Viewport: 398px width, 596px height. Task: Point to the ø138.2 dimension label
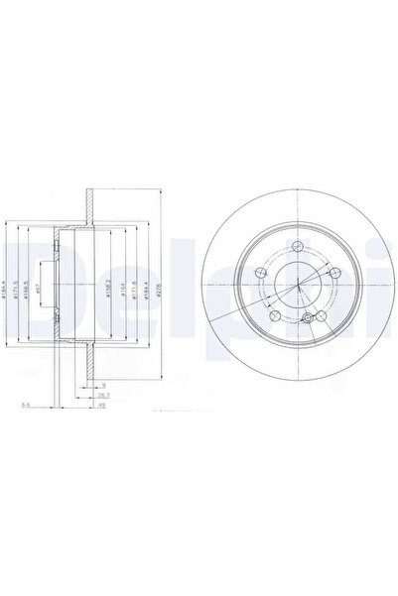point(108,290)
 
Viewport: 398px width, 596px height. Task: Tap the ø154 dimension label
point(122,290)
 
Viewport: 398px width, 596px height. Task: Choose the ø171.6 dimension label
point(135,290)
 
